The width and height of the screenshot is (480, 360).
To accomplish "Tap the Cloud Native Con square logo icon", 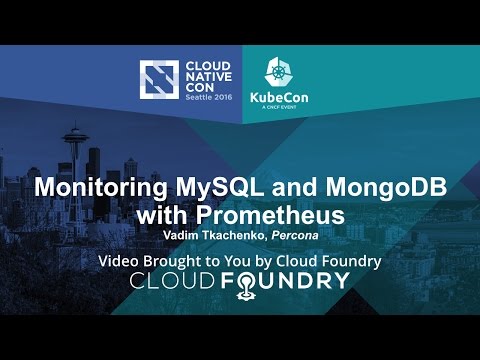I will pyautogui.click(x=157, y=82).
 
